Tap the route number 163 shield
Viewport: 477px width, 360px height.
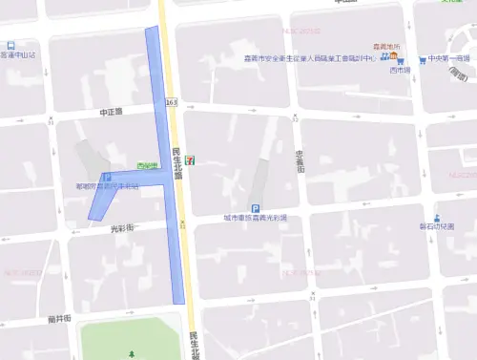171,101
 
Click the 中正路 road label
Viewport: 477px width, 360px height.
112,112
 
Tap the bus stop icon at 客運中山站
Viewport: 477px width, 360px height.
10,45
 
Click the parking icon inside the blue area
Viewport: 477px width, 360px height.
106,178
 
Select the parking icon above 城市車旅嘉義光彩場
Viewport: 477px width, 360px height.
255,208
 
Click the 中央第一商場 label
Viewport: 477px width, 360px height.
449,59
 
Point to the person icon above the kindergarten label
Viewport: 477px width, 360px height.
437,217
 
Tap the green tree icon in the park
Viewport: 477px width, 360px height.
132,353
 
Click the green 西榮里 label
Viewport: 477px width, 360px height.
147,166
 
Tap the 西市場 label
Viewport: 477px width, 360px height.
400,71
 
